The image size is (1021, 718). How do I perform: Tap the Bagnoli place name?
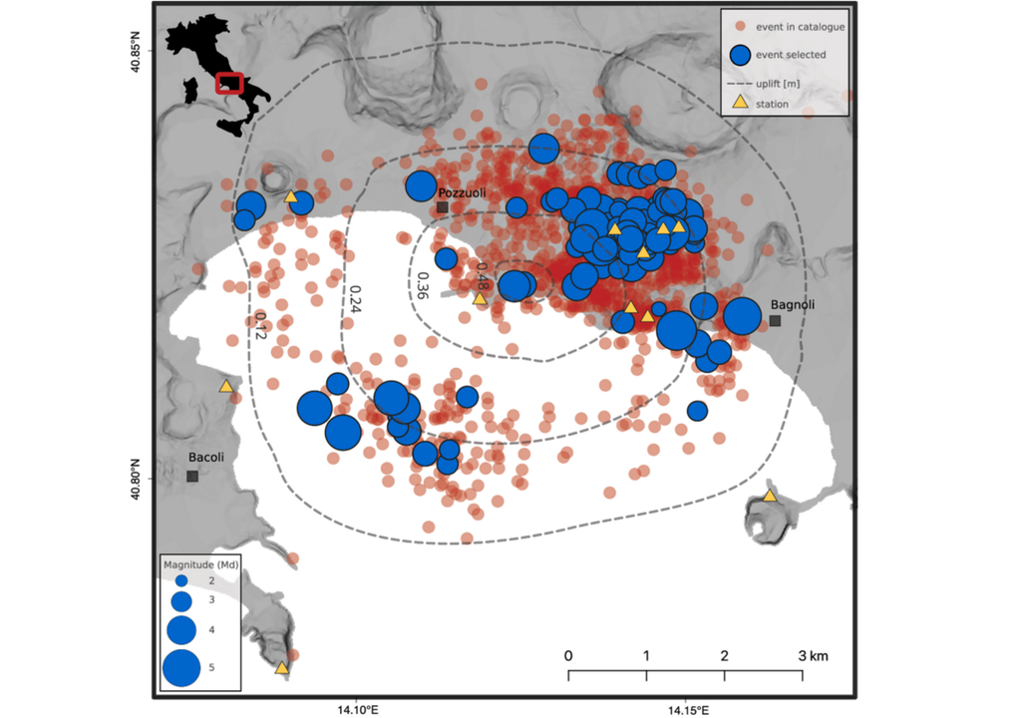[x=794, y=304]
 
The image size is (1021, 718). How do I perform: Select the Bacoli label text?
[x=206, y=458]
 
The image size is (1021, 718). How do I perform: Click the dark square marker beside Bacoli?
[x=192, y=477]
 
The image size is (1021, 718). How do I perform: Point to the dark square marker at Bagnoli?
[x=775, y=321]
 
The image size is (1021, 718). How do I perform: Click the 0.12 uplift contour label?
[x=259, y=327]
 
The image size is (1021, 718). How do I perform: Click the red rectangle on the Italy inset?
[x=229, y=83]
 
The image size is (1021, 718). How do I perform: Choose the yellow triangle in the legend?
[x=740, y=103]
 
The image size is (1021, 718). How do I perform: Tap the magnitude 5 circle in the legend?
[x=181, y=667]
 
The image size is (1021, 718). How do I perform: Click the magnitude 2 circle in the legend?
[x=181, y=580]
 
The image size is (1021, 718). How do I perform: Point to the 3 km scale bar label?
[x=813, y=656]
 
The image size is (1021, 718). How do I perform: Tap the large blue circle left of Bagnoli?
[x=742, y=316]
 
